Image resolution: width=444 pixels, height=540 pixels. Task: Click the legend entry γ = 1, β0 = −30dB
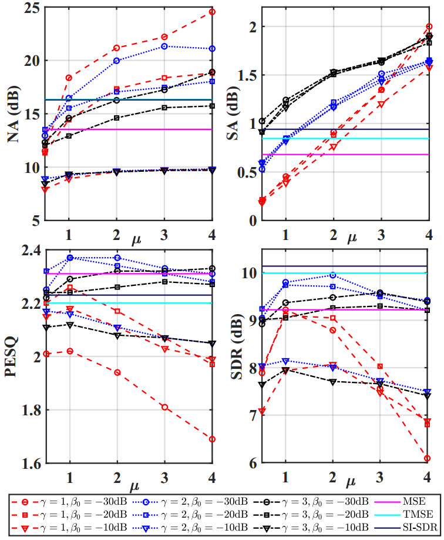tap(82, 502)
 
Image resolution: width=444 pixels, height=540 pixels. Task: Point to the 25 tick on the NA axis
tap(31, 8)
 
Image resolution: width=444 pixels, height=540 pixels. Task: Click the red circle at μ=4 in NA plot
tap(212, 12)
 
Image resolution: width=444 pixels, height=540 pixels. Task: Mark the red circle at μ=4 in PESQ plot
tap(212, 439)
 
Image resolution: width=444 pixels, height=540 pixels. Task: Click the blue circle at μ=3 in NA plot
tap(164, 46)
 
